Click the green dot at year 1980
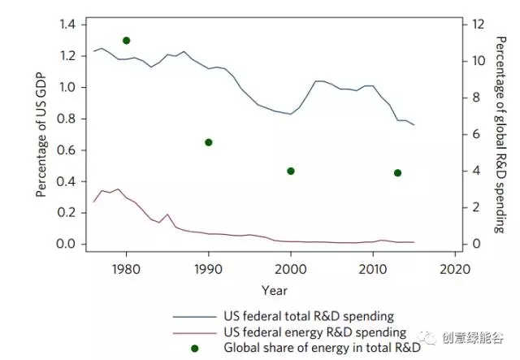(x=126, y=41)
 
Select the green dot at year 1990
(x=209, y=142)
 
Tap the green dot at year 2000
(x=291, y=171)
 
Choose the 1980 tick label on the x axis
(x=126, y=269)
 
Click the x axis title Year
(x=273, y=289)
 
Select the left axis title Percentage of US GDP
(x=41, y=135)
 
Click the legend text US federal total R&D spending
(x=309, y=316)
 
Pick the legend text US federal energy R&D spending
(x=314, y=332)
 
